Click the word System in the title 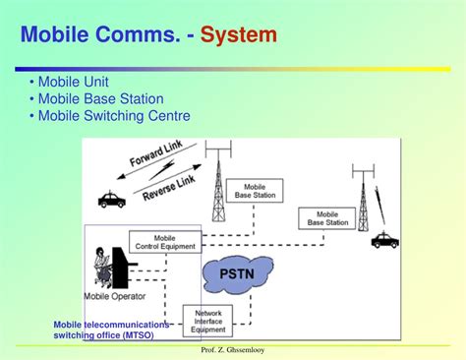[238, 36]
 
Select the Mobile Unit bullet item [74, 82]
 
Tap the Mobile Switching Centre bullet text [109, 116]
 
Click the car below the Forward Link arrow [111, 200]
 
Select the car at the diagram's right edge [384, 239]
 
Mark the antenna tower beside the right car [363, 202]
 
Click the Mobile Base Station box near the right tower [327, 218]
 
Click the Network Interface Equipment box [207, 319]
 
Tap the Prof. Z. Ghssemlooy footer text [232, 350]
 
